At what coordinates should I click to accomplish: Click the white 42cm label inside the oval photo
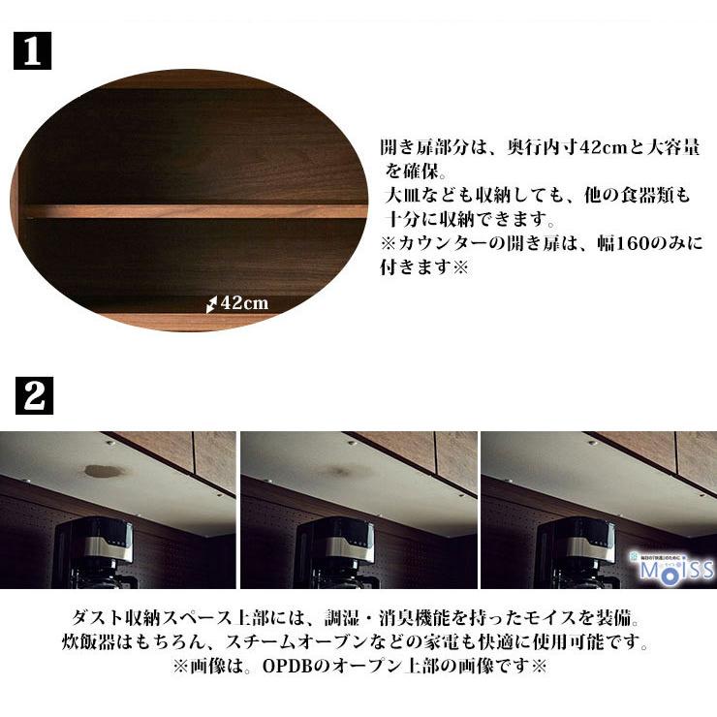click(244, 303)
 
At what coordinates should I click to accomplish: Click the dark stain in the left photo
click(104, 471)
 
